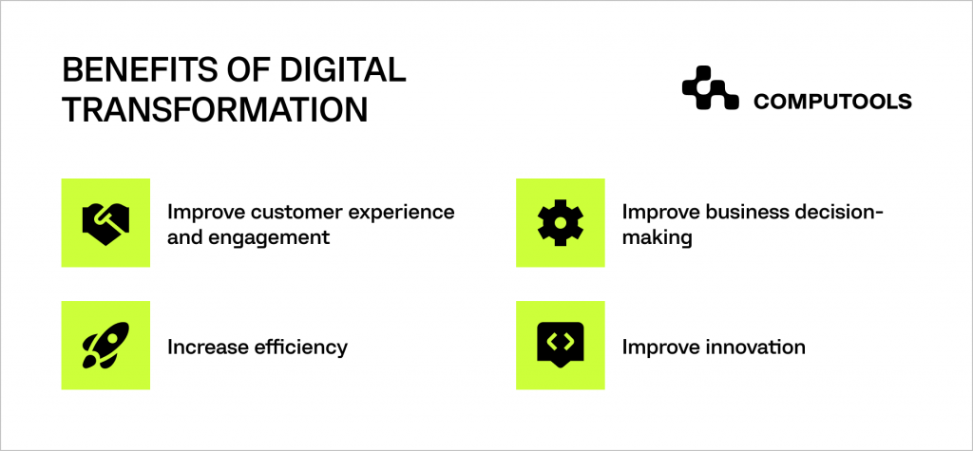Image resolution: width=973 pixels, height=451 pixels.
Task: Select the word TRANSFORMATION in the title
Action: [215, 110]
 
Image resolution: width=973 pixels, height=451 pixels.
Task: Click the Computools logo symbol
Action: [710, 89]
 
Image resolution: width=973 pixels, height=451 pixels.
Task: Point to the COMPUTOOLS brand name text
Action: [832, 101]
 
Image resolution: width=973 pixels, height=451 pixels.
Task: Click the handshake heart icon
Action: [105, 222]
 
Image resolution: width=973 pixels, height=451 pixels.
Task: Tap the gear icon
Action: [561, 222]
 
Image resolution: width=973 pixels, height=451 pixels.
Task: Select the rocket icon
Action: [105, 346]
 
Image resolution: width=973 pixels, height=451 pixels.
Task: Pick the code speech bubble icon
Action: [561, 346]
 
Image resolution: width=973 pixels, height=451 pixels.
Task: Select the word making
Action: [657, 238]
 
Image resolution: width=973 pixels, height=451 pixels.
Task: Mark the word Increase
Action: [202, 347]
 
